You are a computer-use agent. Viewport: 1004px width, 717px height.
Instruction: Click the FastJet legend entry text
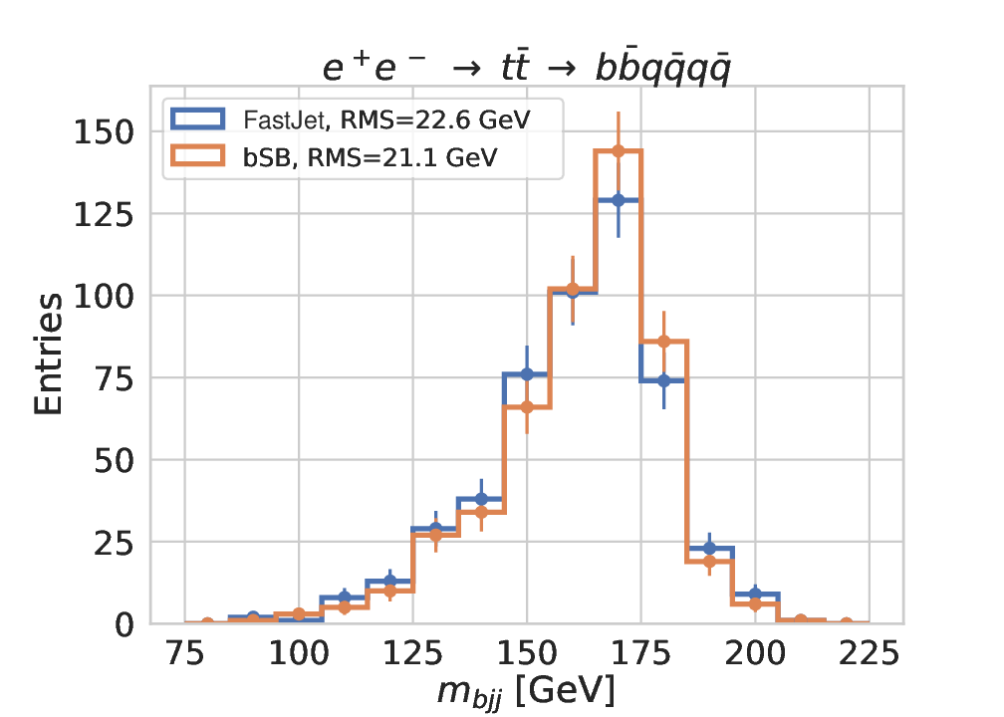(387, 120)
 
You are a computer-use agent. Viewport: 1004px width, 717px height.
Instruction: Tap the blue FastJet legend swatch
(202, 120)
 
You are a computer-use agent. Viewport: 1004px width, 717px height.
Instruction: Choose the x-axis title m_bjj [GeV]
(527, 690)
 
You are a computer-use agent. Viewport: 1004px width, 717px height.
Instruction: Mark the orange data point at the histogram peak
(618, 151)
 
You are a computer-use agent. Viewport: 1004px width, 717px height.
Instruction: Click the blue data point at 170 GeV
(618, 200)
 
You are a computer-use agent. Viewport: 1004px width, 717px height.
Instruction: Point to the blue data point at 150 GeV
(527, 374)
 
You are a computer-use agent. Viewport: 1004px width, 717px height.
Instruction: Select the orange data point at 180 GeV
(663, 342)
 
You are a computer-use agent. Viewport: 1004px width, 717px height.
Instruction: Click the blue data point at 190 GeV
(709, 549)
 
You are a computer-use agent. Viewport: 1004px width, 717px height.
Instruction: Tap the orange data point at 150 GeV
(527, 407)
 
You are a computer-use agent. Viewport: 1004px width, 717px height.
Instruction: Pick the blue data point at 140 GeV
(481, 499)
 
